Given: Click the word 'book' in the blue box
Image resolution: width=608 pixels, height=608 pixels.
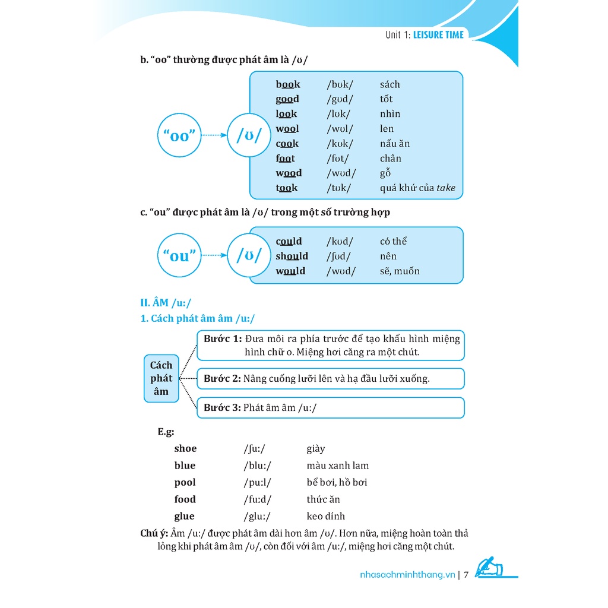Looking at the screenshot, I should point(288,84).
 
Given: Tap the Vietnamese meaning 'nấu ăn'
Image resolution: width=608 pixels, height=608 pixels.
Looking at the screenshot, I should point(395,144).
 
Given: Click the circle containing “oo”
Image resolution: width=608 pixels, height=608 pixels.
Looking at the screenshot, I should point(179,135).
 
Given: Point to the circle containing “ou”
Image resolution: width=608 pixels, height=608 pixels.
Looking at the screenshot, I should point(179,256).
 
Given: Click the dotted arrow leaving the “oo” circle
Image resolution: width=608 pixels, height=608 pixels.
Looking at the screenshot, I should point(214,135).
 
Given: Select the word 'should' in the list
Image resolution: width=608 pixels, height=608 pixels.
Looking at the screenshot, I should point(292,256).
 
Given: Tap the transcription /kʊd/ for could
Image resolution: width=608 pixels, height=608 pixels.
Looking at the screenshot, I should point(340,242).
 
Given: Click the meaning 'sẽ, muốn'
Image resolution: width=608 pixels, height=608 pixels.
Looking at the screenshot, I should point(400,271).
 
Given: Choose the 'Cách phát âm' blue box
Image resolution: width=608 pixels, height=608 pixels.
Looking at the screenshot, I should point(161,378).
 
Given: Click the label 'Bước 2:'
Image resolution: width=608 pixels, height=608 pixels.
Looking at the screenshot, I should point(222,378).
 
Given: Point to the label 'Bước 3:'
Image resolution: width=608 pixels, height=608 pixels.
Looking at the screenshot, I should point(222,408).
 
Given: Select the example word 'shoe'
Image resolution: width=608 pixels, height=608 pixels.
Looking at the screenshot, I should point(185,449).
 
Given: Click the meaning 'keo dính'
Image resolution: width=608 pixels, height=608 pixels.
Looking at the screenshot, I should point(325,517).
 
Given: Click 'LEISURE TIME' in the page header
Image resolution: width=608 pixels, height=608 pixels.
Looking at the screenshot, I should point(438,34).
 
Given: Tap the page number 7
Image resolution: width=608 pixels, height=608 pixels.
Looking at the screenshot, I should point(467,575).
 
